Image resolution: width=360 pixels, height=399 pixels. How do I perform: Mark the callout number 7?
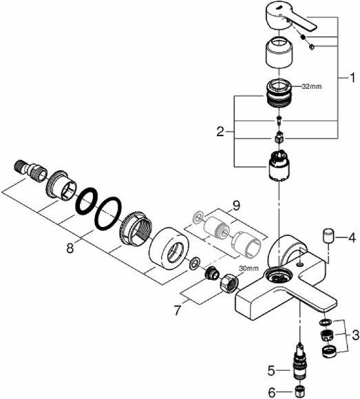click(x=179, y=311)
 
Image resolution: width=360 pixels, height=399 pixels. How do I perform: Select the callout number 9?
click(x=235, y=205)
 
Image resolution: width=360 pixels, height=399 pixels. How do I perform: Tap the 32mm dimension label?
click(x=311, y=87)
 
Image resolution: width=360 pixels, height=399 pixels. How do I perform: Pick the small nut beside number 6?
click(x=299, y=391)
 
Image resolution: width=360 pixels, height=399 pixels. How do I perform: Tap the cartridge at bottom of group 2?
click(x=279, y=167)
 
